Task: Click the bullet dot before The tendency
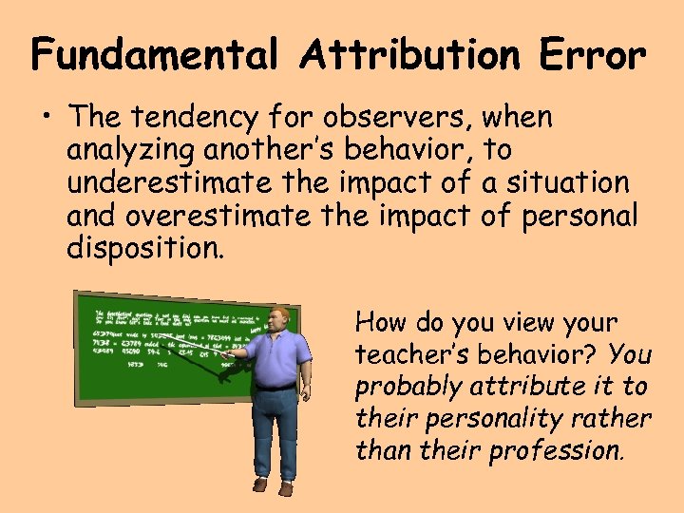pos(47,120)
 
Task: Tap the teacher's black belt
pos(276,387)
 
